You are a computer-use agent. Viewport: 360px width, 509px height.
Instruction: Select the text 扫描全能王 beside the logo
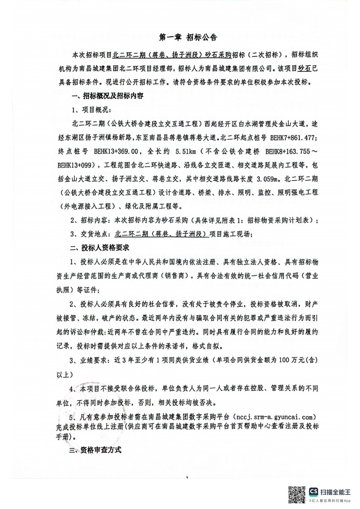(x=339, y=491)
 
